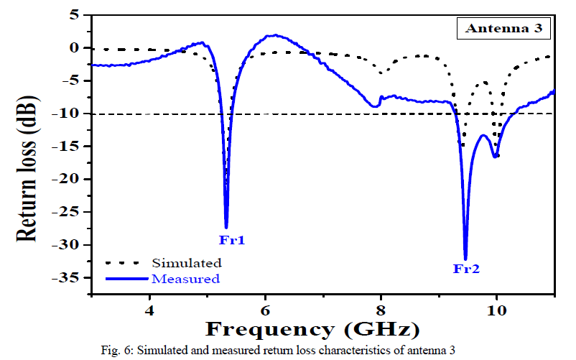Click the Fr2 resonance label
(x=465, y=269)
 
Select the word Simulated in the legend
(x=186, y=263)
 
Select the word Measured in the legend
(x=185, y=278)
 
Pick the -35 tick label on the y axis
(x=70, y=277)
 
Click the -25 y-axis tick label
(x=70, y=212)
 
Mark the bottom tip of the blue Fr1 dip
(x=226, y=228)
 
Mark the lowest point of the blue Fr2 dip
(x=465, y=259)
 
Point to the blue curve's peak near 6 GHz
(x=272, y=34)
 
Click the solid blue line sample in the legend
(x=126, y=278)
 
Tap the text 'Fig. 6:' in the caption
(x=116, y=351)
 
